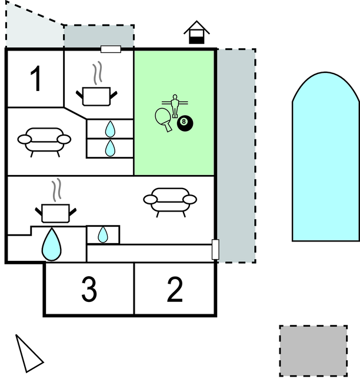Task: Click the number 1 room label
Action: click(x=36, y=79)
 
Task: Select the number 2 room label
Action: click(x=175, y=289)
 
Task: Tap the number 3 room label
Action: click(x=89, y=289)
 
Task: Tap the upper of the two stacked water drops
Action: click(x=110, y=129)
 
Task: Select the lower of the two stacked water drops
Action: click(x=110, y=147)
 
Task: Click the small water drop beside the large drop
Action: click(x=103, y=235)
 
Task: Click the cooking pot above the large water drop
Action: click(x=56, y=210)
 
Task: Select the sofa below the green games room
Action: click(x=170, y=200)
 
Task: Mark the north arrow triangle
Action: click(x=27, y=355)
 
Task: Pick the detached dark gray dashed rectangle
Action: click(x=313, y=351)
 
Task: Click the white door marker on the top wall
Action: click(x=111, y=49)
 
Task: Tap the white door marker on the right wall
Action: click(x=215, y=250)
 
